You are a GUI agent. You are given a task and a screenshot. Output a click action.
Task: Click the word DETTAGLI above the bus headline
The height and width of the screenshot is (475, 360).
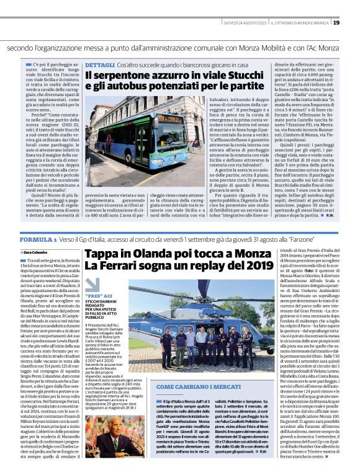99,64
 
